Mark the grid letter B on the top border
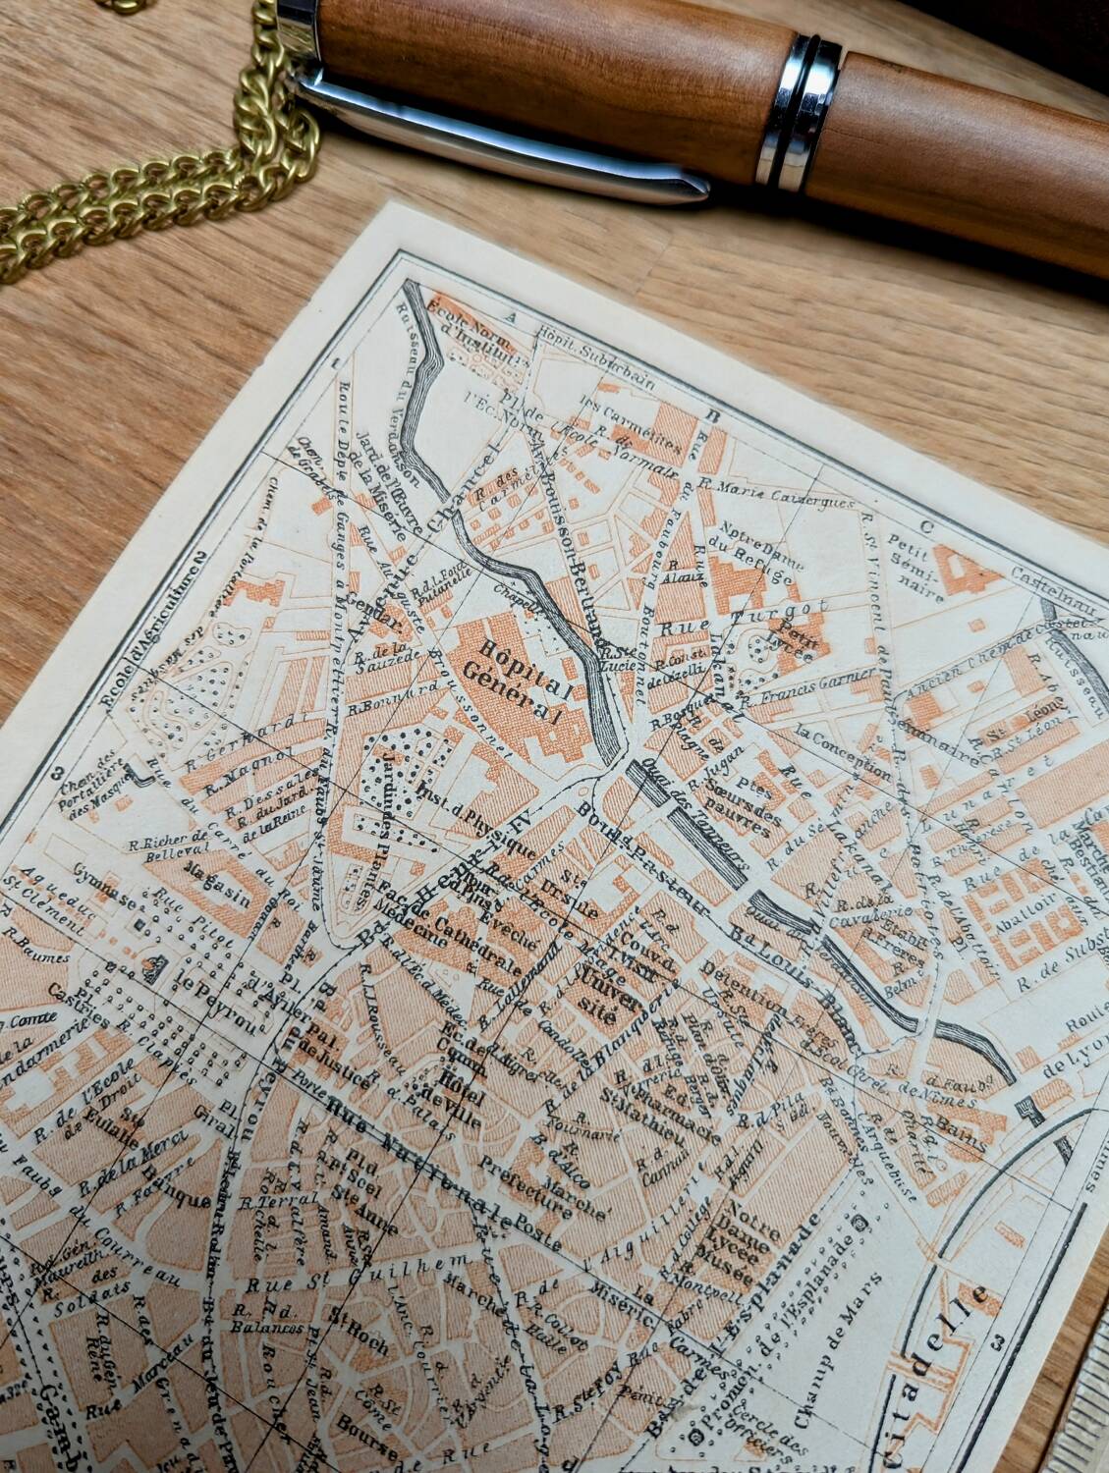[715, 416]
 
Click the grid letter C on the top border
[926, 521]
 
